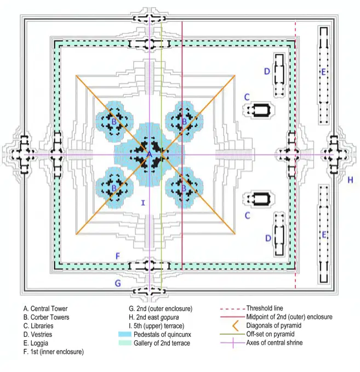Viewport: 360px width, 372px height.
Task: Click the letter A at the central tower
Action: coord(149,154)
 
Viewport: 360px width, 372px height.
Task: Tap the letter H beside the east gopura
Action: coord(350,180)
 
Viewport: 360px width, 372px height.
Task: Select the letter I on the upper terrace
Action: coord(143,203)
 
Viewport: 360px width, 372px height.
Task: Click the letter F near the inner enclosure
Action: coord(118,256)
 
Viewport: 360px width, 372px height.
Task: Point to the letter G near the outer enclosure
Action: coord(118,283)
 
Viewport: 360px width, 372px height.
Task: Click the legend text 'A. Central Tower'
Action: coord(45,309)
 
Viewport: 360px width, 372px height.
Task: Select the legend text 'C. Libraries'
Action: coord(38,326)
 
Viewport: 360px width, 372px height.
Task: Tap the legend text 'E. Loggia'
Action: coord(36,343)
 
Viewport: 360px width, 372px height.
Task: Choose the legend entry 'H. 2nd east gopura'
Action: coord(154,317)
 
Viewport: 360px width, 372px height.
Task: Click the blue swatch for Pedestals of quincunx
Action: coord(125,334)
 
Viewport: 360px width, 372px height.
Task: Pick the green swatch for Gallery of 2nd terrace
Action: coord(125,343)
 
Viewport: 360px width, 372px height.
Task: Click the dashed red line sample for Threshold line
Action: coord(232,309)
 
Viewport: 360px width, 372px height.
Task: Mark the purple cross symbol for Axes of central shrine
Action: coord(233,343)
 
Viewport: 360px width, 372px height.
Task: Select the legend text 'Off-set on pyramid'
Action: coord(271,334)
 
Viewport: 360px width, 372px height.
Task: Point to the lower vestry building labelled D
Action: coord(279,234)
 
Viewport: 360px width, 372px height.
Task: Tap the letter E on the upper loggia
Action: coord(323,72)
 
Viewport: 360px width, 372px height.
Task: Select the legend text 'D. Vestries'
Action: coord(38,335)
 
